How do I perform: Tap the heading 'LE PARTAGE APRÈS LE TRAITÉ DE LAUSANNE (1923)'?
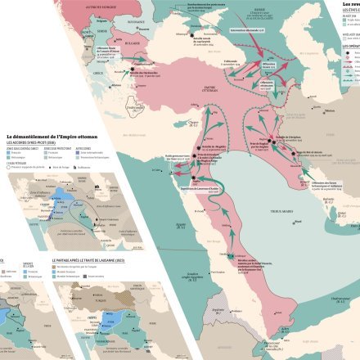tap(89, 259)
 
